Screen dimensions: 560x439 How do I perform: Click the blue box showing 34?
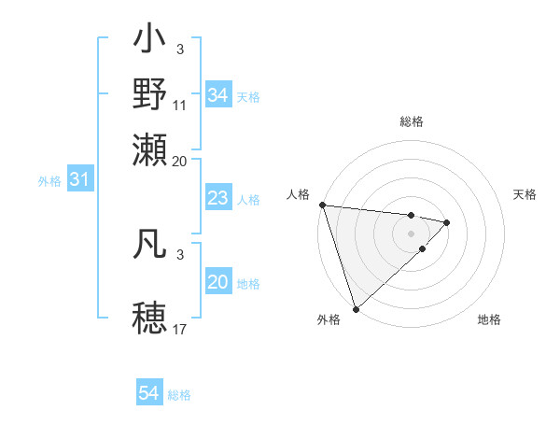[218, 95]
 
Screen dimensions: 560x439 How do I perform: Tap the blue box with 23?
[218, 198]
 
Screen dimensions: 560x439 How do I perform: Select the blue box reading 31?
[79, 179]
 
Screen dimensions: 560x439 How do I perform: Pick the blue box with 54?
[149, 394]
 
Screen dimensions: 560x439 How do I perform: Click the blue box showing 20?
[218, 282]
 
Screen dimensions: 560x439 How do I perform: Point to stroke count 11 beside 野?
[180, 105]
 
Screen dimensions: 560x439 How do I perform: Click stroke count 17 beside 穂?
[180, 329]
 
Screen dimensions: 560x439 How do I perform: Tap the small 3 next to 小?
[180, 49]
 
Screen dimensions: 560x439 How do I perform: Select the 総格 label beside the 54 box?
[179, 395]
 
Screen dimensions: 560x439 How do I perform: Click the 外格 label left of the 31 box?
[49, 180]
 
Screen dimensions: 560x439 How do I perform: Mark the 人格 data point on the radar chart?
[322, 205]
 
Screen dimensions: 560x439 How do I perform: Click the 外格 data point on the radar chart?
[356, 307]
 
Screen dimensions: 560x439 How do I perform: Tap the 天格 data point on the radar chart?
[447, 222]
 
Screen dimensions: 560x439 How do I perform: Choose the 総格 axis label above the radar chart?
[412, 121]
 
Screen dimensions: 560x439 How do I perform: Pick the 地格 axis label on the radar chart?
[489, 319]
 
